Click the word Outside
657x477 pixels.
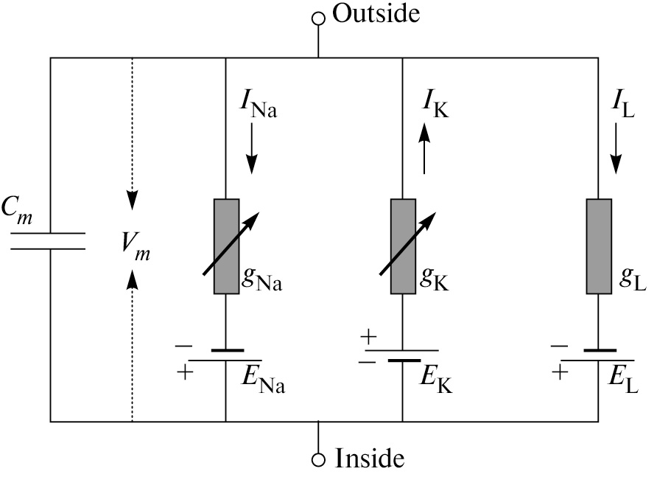coord(376,13)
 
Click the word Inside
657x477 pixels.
coord(370,459)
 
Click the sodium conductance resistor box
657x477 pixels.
coord(226,246)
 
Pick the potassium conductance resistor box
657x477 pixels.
coord(403,246)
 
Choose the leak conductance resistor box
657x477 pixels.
coord(598,246)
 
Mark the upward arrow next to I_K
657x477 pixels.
coord(425,151)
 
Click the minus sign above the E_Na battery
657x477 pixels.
coord(183,344)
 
